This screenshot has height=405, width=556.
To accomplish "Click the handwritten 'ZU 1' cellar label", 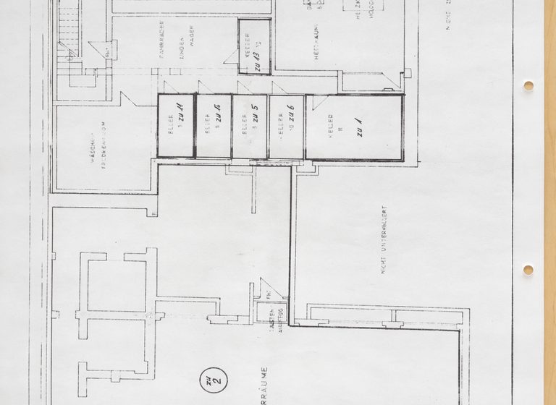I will (x=358, y=129).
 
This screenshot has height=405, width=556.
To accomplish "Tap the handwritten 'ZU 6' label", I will (x=290, y=114).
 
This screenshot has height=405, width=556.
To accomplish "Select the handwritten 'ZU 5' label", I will (x=254, y=114).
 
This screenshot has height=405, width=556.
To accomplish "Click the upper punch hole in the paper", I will (x=528, y=85).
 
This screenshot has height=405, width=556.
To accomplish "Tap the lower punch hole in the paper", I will (x=528, y=270).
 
